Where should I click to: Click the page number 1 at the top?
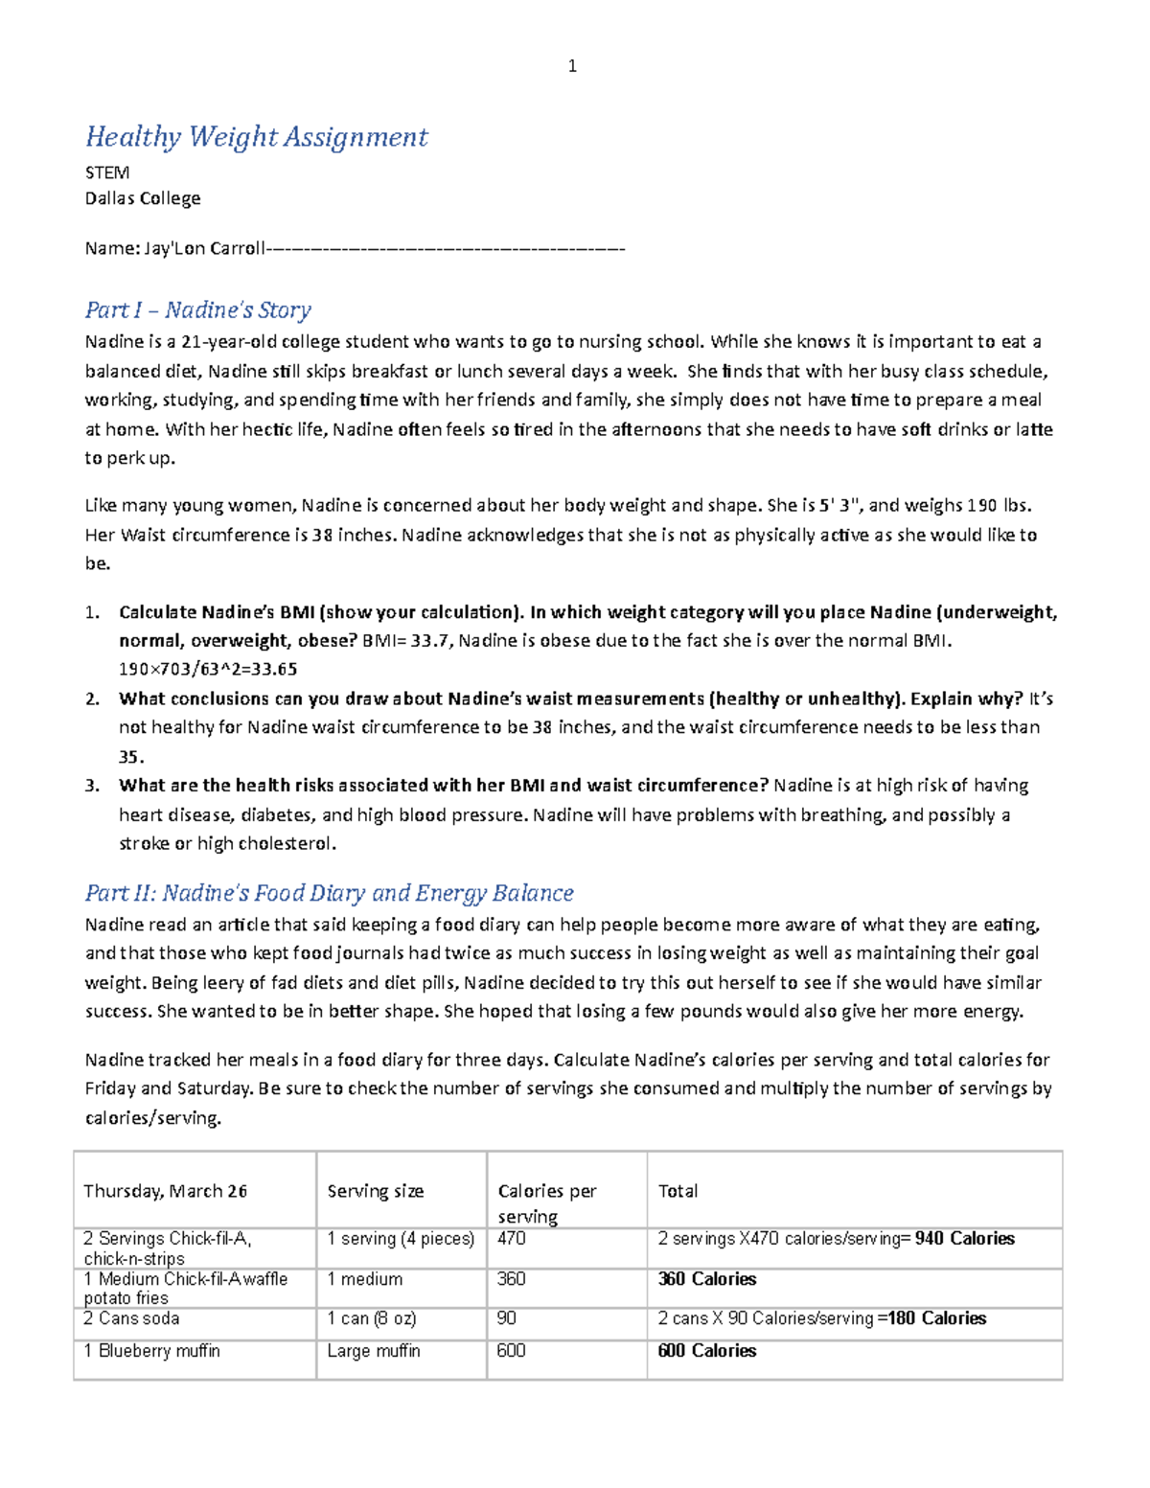coord(572,66)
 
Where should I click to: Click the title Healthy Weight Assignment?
coord(256,137)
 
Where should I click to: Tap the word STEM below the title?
coord(106,172)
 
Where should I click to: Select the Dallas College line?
coord(143,198)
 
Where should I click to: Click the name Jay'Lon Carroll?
coord(204,248)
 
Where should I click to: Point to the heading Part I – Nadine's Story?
coord(197,309)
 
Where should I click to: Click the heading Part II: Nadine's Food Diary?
coord(329,893)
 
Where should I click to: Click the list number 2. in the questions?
coord(92,698)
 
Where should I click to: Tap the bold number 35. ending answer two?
coord(130,757)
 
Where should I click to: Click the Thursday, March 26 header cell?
coord(165,1191)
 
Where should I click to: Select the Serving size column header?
coord(375,1191)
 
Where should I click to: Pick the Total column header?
coord(678,1191)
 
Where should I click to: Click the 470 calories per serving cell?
coord(512,1239)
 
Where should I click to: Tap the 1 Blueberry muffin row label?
coord(151,1351)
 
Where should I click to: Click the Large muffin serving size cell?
coord(373,1351)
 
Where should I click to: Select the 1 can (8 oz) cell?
coord(371,1318)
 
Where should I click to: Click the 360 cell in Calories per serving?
coord(512,1279)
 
